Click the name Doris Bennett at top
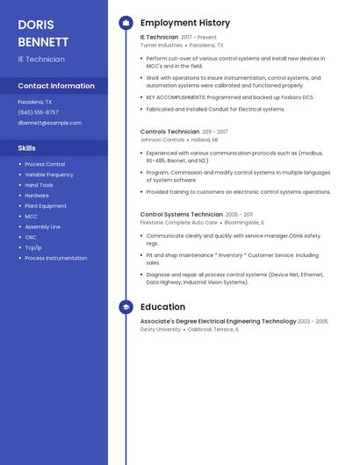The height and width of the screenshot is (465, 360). click(x=42, y=32)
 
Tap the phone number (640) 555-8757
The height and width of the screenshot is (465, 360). click(x=38, y=112)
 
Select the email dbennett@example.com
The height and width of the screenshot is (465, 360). click(x=49, y=123)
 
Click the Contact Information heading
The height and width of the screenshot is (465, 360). click(x=56, y=86)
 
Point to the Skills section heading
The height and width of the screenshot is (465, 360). click(x=27, y=147)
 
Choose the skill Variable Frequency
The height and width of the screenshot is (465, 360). click(x=49, y=175)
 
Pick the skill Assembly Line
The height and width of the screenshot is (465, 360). click(x=42, y=226)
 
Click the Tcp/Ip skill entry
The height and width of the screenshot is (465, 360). click(x=33, y=247)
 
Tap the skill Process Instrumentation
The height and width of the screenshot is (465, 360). click(x=55, y=258)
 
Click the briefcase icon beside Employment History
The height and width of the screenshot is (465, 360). click(x=126, y=23)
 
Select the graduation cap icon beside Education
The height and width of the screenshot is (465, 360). click(x=126, y=307)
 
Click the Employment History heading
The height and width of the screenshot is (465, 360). click(x=184, y=23)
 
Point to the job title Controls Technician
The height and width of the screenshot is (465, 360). click(x=169, y=132)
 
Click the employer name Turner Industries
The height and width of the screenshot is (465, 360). click(x=162, y=45)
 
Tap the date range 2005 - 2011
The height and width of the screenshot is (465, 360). click(x=239, y=214)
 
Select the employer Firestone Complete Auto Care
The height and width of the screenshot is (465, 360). click(x=178, y=222)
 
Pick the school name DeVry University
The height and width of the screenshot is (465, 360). click(x=161, y=329)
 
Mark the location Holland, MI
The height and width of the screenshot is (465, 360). click(x=205, y=139)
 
